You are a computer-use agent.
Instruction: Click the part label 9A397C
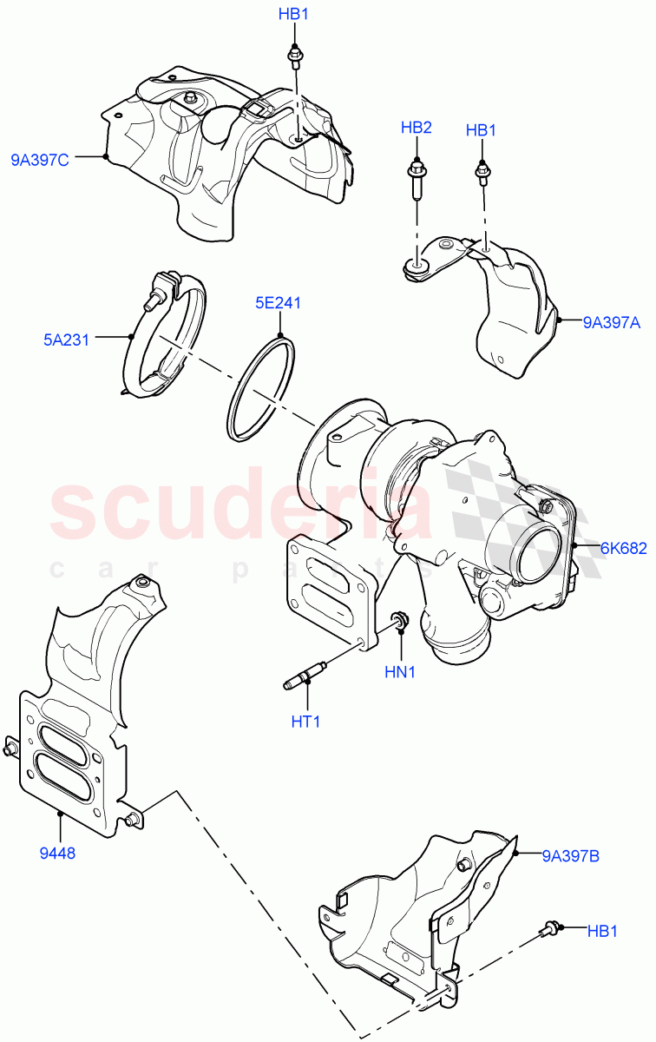point(41,159)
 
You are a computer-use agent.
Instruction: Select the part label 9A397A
point(611,323)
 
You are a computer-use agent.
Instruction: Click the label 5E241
point(278,304)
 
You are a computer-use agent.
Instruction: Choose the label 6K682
point(624,548)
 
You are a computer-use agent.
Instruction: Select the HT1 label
point(305,721)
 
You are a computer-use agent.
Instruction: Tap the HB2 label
point(416,128)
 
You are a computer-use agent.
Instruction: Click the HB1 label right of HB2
point(481,130)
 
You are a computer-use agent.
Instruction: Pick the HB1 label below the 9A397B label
point(602,931)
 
